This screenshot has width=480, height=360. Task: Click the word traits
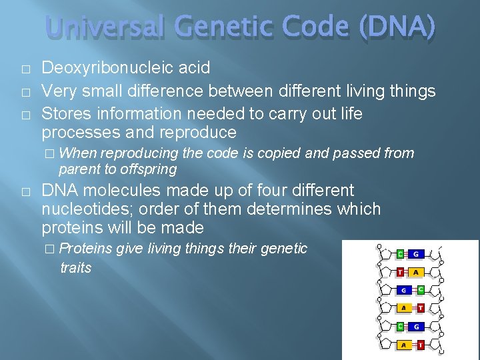[x=75, y=268]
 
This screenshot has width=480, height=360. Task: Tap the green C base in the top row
[x=400, y=254]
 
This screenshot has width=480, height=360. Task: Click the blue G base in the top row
[x=415, y=254]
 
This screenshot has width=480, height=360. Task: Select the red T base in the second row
[x=400, y=272]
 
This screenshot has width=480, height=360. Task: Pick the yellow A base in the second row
[x=415, y=272]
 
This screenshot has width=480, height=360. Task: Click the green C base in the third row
[x=421, y=290]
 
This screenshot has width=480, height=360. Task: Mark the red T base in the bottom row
[x=421, y=345]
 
